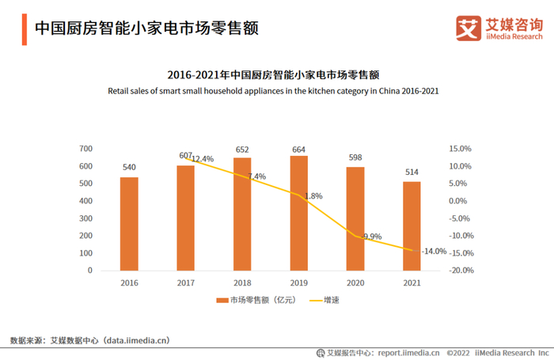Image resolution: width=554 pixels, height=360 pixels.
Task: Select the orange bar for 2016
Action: [x=129, y=223]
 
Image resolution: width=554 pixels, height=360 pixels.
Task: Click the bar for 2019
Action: [x=299, y=213]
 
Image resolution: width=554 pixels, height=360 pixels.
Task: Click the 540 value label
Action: [x=129, y=167]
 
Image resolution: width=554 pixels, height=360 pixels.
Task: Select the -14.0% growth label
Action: [x=434, y=251]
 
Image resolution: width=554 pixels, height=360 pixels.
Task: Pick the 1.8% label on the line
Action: [x=313, y=195]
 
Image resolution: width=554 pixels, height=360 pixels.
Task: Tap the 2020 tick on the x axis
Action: [x=355, y=282]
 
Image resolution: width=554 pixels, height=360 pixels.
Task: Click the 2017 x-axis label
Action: [x=185, y=282]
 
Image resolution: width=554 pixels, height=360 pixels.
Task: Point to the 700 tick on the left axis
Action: [x=85, y=149]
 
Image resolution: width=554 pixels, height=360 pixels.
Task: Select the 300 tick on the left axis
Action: [x=85, y=218]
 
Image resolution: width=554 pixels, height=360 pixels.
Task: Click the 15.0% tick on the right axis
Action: [x=460, y=149]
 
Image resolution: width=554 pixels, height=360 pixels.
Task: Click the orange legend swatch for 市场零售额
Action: [x=222, y=301]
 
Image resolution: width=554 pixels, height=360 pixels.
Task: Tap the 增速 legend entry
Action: [x=332, y=301]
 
